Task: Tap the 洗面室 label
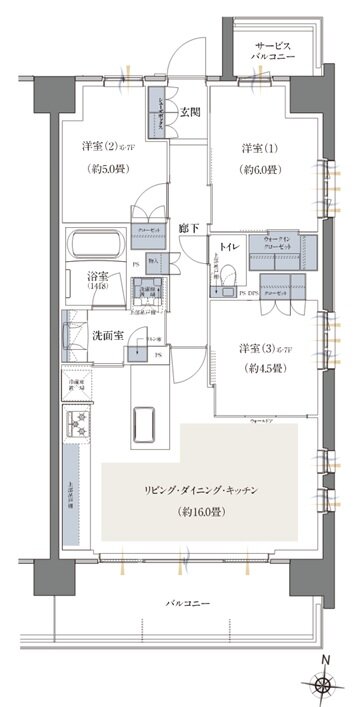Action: pyautogui.click(x=108, y=335)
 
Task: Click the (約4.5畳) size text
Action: pyautogui.click(x=261, y=367)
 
